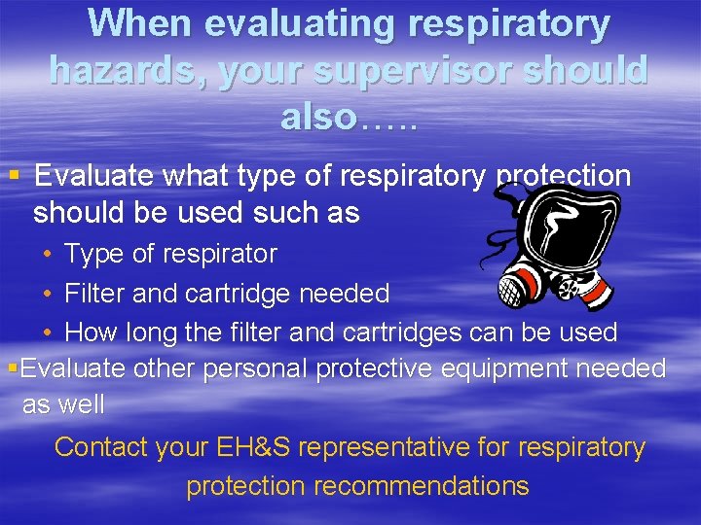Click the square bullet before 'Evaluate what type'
coord(14,176)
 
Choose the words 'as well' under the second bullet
coord(63,404)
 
